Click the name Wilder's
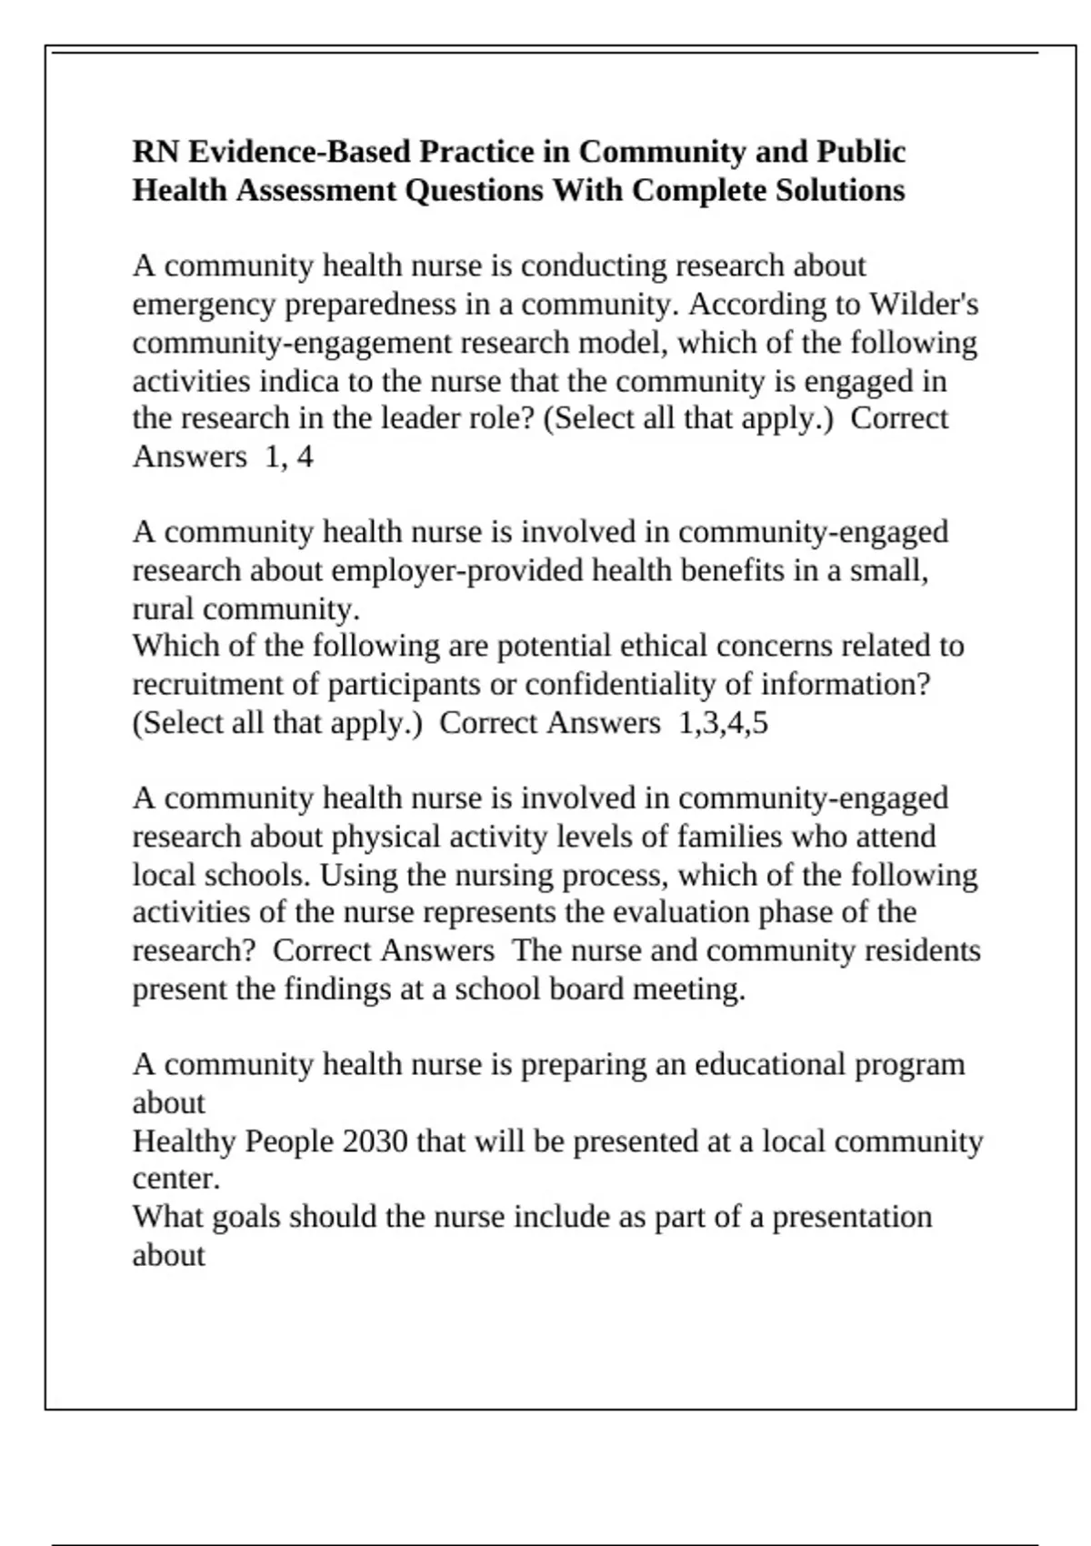(x=924, y=304)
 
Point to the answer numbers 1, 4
(x=288, y=457)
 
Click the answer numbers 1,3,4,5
(x=723, y=723)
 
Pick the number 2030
(x=375, y=1140)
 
